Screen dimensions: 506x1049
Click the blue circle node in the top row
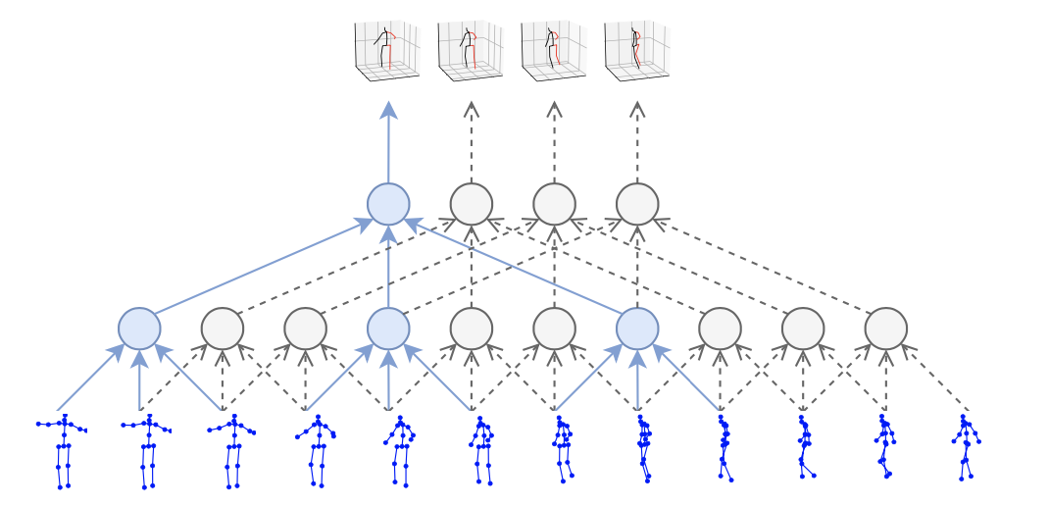(388, 204)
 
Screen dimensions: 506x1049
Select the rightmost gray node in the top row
(637, 204)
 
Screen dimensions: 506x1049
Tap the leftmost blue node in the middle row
(139, 329)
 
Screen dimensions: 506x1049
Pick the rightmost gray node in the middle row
(885, 329)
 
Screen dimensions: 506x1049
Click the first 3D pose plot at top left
(386, 49)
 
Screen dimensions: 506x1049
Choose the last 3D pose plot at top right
(636, 49)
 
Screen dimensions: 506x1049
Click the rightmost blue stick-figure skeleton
(966, 447)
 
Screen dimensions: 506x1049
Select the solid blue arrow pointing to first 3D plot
(388, 142)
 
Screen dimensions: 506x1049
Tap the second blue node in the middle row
(388, 329)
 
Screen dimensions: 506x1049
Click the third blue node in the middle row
(637, 329)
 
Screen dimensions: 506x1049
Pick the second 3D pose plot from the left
(470, 49)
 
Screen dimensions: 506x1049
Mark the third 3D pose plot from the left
(553, 49)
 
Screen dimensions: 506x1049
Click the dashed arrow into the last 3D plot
(637, 142)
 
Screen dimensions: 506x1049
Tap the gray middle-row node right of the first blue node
(223, 329)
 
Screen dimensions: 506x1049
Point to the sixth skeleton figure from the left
(480, 449)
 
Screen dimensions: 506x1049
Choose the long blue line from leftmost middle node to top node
(260, 268)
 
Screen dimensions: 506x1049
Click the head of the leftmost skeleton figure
(65, 416)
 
